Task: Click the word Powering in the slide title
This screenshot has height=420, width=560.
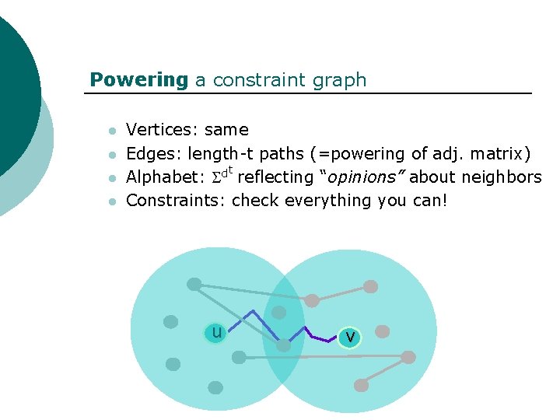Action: coord(138,80)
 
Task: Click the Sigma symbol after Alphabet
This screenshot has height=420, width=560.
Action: coord(216,178)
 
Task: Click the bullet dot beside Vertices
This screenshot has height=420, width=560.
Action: coord(112,131)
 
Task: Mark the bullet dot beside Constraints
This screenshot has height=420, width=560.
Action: coord(112,201)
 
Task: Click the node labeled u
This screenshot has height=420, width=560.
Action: coord(216,333)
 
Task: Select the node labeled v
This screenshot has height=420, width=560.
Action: coord(350,336)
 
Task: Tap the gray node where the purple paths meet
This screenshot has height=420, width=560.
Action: coord(284,345)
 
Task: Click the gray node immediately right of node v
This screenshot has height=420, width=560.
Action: coord(382,331)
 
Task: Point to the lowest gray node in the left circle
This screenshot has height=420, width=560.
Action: coord(215,387)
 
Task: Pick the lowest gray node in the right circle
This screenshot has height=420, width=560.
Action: coord(361,385)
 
